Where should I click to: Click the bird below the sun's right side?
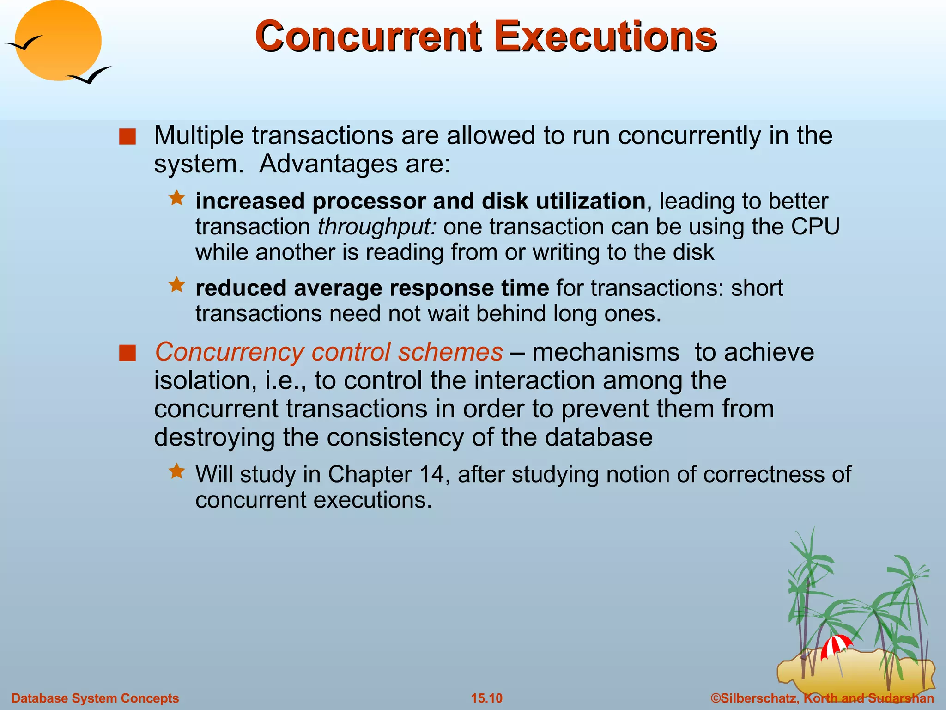(90, 75)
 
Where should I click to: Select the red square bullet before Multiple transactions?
(127, 137)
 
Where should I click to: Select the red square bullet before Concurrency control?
(127, 353)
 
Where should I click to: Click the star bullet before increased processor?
(176, 199)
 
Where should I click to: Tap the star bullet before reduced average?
(176, 285)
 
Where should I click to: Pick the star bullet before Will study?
(176, 471)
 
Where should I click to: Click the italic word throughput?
(376, 227)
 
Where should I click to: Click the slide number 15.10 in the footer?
(486, 698)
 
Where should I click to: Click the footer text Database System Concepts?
(95, 698)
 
